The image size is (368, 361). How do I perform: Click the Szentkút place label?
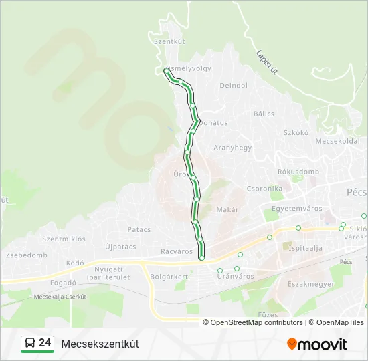click(169, 41)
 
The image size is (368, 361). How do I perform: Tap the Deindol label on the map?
click(234, 86)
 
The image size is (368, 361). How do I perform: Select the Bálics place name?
click(264, 114)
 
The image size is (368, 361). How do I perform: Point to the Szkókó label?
click(295, 132)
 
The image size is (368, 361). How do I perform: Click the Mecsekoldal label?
click(337, 141)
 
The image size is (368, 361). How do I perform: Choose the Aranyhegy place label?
click(232, 148)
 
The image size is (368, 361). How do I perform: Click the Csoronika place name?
click(264, 189)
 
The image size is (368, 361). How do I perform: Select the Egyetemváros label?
click(293, 209)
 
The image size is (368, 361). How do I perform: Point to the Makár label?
click(227, 210)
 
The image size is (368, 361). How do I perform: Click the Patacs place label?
click(139, 229)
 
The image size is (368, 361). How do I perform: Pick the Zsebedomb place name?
click(27, 255)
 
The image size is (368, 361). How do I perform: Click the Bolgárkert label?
click(169, 275)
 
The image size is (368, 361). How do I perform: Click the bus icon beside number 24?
click(29, 344)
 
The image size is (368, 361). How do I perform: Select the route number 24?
click(45, 343)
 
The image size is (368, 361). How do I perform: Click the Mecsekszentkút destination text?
click(100, 344)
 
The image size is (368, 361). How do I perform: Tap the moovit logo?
click(317, 344)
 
